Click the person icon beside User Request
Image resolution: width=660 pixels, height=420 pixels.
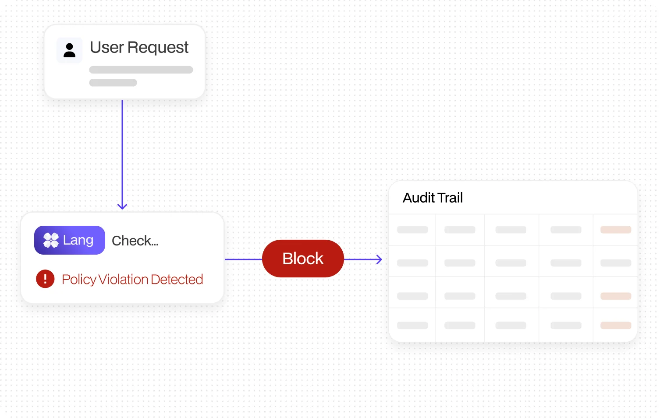pos(70,50)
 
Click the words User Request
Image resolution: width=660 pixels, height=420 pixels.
pos(139,47)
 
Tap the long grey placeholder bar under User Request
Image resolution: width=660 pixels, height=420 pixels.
pos(141,70)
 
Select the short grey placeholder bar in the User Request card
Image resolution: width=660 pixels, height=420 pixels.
pos(113,83)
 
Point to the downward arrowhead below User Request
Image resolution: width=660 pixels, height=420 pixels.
pos(122,206)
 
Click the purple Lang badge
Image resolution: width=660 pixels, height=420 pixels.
pos(70,240)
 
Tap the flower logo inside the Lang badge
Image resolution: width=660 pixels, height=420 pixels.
pos(51,240)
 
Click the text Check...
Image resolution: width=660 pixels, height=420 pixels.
pos(135,241)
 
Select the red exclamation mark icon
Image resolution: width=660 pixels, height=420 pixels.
pos(45,279)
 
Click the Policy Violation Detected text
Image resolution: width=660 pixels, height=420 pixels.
pos(132,280)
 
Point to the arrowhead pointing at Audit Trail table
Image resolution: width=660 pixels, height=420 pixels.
pos(380,259)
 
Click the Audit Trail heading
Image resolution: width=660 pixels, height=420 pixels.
pos(433,198)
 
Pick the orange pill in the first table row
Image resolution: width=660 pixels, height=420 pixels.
pos(616,230)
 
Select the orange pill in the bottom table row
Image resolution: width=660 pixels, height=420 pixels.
pos(616,325)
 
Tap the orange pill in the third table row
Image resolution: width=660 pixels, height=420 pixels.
pos(616,296)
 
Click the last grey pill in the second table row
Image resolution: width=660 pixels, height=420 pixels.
pos(616,262)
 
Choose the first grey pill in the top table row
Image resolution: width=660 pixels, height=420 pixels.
pos(412,230)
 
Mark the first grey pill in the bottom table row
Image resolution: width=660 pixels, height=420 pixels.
pos(412,325)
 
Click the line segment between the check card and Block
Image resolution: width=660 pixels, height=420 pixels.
pos(243,259)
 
